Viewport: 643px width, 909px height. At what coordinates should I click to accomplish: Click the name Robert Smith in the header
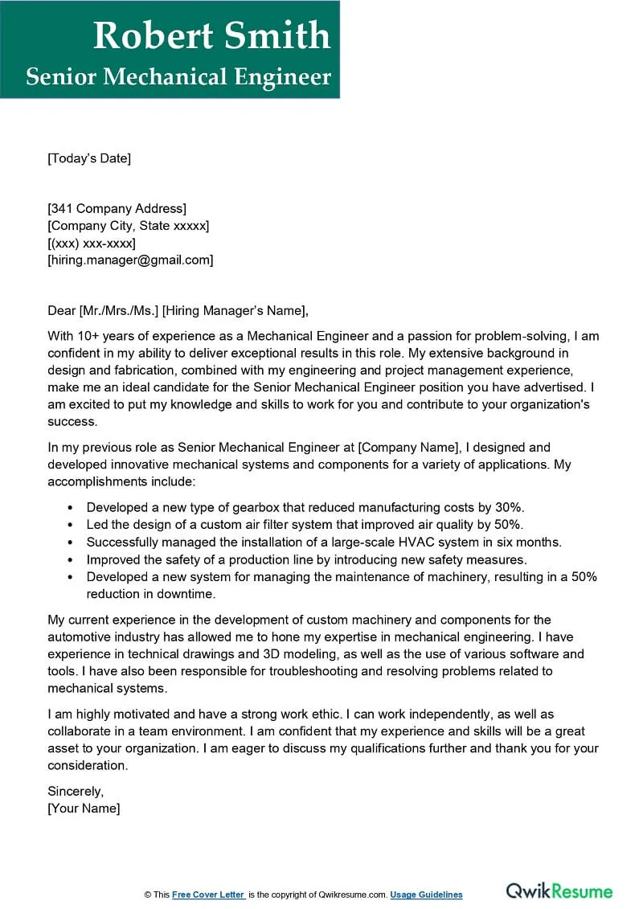(x=211, y=35)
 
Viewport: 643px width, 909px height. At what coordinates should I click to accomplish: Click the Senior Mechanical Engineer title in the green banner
(x=178, y=77)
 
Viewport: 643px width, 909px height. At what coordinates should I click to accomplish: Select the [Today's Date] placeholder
(x=88, y=158)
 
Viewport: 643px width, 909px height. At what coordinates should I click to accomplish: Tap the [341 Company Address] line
(x=117, y=209)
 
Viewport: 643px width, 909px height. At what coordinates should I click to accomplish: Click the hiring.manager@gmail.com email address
(x=130, y=260)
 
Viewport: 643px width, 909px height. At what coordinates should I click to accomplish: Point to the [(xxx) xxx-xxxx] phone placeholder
(x=92, y=243)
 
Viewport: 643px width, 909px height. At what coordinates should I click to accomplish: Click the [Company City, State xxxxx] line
(x=128, y=226)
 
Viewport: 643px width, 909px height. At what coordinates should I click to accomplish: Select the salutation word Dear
(x=61, y=311)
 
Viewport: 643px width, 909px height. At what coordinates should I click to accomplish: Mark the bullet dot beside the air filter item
(x=71, y=525)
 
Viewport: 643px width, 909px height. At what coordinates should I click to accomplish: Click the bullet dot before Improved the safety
(x=71, y=559)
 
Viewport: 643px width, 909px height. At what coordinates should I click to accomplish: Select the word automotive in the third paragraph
(x=79, y=636)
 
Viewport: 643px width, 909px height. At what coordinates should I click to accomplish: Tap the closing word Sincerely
(x=76, y=791)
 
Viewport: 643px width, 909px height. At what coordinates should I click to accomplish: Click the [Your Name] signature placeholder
(x=84, y=808)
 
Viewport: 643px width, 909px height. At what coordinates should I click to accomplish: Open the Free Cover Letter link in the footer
(x=208, y=895)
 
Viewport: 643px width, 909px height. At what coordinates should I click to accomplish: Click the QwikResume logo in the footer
(x=559, y=891)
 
